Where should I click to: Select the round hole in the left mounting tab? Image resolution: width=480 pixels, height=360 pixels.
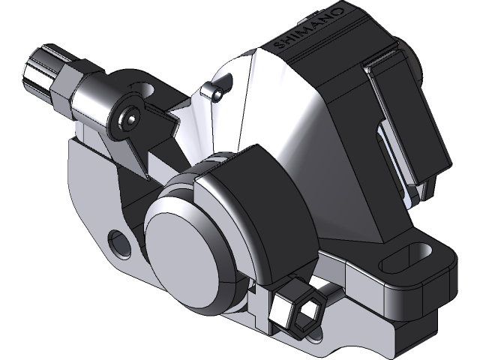tap(119, 241)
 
